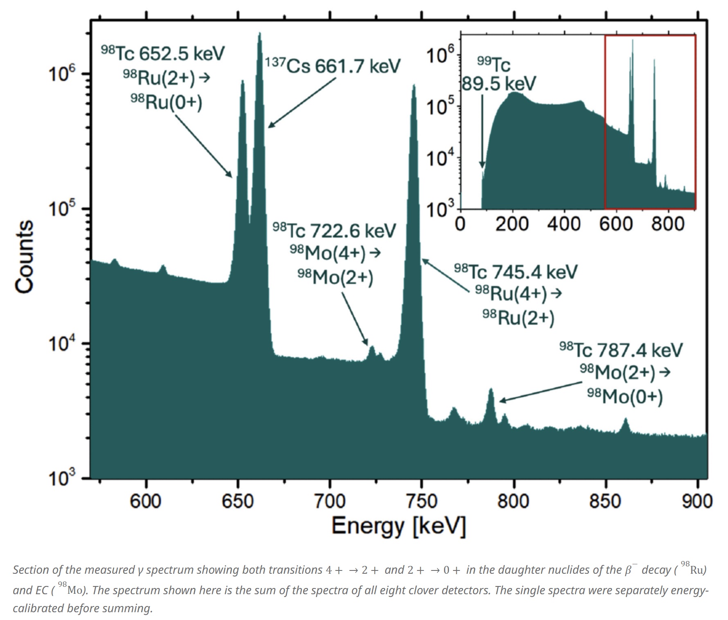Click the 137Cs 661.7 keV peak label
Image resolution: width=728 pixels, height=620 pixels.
[332, 66]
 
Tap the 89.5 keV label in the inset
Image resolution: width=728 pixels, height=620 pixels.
[498, 84]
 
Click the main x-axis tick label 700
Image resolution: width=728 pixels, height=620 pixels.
[329, 501]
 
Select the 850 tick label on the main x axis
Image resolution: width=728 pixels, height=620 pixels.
[605, 501]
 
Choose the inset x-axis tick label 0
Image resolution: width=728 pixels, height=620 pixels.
[461, 224]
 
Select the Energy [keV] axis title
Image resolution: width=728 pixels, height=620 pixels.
[398, 526]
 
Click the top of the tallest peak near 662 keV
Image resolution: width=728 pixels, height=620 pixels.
[259, 34]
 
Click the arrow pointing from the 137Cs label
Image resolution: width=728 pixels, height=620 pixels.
[302, 102]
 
